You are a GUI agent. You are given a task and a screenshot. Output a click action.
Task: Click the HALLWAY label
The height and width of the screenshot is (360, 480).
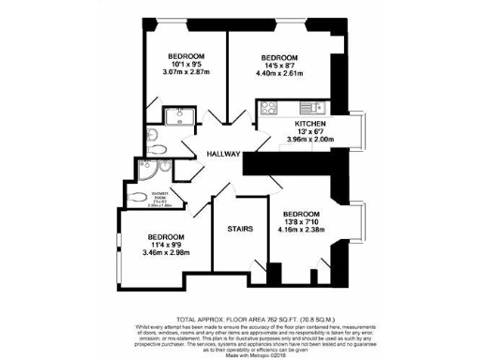coord(224,154)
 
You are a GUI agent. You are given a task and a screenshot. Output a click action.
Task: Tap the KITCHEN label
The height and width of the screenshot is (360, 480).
coord(310,124)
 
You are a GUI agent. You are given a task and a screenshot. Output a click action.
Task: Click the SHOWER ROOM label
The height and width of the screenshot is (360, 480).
coord(138,198)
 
